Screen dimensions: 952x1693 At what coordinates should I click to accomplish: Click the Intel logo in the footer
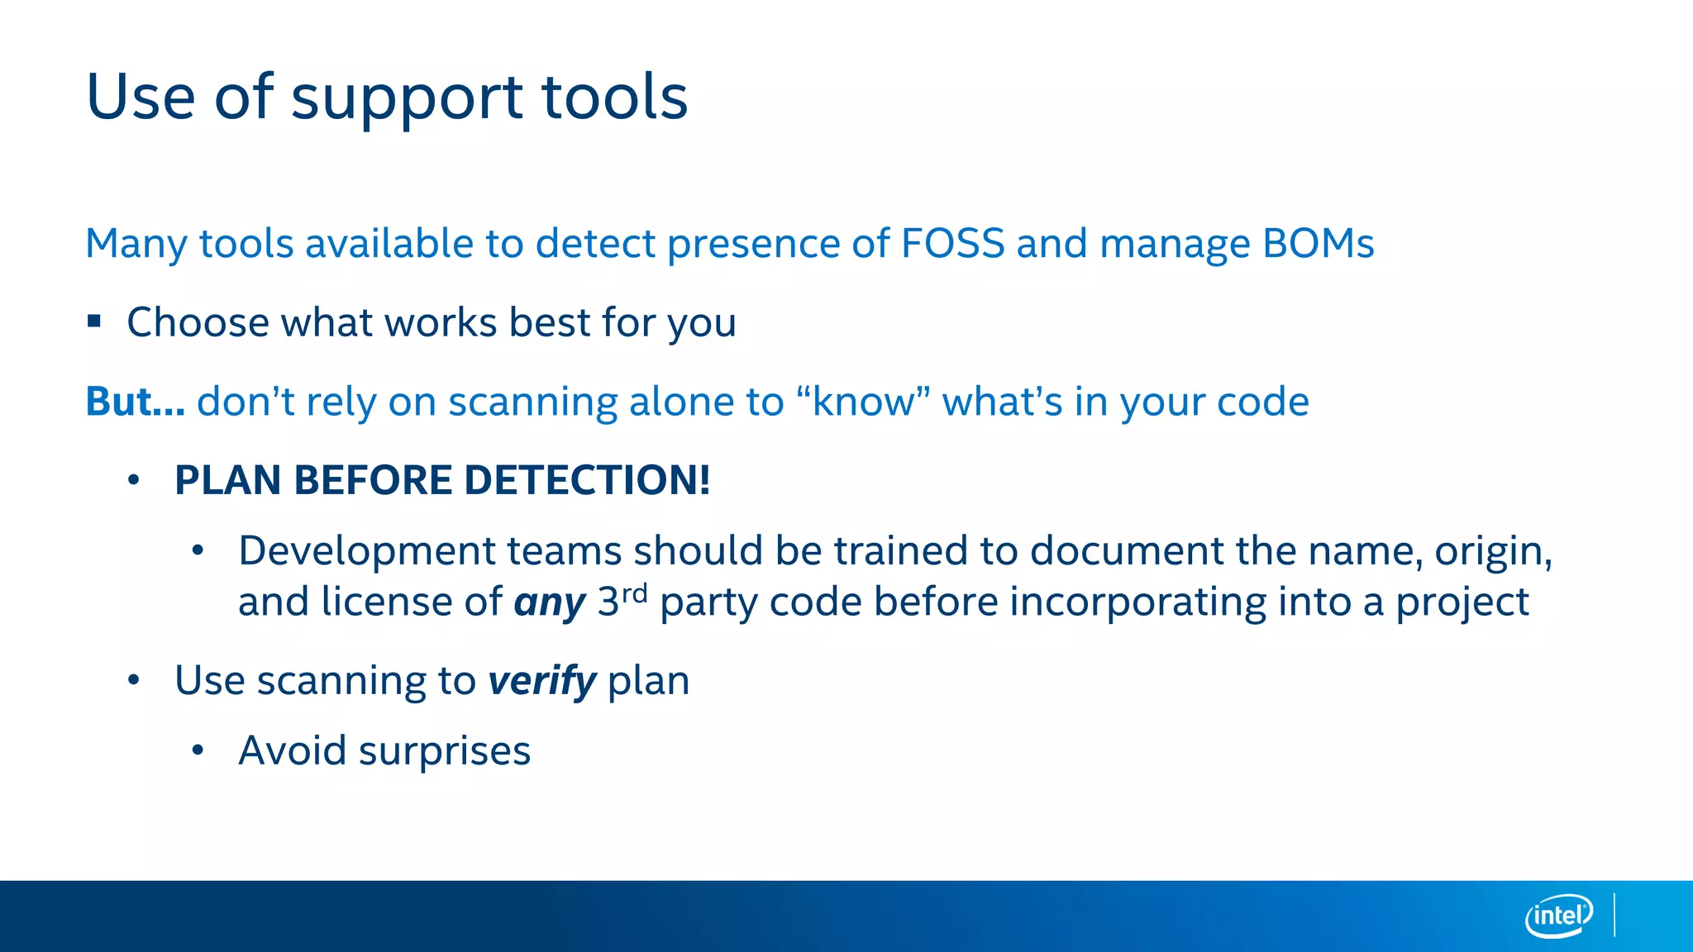tap(1558, 916)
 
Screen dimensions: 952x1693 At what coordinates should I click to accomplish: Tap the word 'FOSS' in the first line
tap(952, 243)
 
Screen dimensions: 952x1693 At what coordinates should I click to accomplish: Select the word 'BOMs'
tap(1318, 243)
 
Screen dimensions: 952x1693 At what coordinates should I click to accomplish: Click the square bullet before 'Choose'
tap(94, 321)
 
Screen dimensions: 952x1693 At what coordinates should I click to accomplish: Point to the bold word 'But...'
tap(135, 402)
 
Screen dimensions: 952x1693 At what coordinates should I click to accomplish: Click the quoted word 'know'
tap(863, 402)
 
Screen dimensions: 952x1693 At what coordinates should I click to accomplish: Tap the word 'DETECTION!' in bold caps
tap(587, 480)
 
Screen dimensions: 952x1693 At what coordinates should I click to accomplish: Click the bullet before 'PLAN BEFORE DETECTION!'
tap(134, 480)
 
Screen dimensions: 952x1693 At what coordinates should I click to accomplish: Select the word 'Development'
tap(366, 551)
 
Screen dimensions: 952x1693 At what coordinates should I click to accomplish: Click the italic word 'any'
tap(550, 602)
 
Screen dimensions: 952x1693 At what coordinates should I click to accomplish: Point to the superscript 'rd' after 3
tap(634, 594)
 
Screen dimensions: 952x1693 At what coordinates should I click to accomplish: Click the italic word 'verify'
tap(541, 682)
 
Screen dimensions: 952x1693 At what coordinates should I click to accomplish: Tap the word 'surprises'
tap(444, 752)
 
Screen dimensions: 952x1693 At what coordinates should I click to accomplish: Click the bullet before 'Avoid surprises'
tap(198, 750)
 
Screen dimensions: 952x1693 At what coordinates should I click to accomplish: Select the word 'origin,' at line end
tap(1493, 551)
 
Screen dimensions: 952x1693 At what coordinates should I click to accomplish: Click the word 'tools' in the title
tap(614, 97)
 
